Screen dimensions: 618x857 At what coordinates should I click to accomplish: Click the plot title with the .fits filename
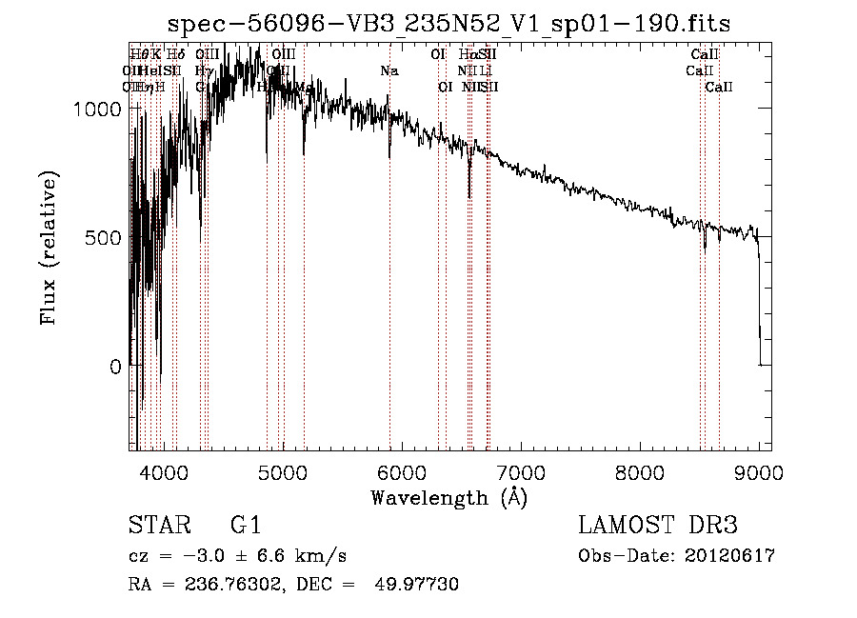click(449, 25)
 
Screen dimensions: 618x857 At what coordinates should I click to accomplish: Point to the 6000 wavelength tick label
click(401, 472)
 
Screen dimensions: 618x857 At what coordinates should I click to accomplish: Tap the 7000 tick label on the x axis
click(521, 472)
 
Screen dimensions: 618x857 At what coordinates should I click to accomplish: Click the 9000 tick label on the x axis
click(759, 472)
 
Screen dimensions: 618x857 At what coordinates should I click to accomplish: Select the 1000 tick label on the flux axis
click(96, 109)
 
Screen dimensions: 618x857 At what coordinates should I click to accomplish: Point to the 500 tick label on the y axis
click(103, 237)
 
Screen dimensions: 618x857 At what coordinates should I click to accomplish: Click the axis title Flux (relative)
click(49, 249)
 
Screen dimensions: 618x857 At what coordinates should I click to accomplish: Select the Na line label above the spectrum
click(389, 71)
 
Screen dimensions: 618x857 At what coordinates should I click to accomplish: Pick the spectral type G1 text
click(246, 526)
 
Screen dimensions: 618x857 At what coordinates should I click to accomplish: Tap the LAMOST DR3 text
click(658, 526)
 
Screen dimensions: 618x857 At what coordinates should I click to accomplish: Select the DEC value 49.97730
click(419, 585)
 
